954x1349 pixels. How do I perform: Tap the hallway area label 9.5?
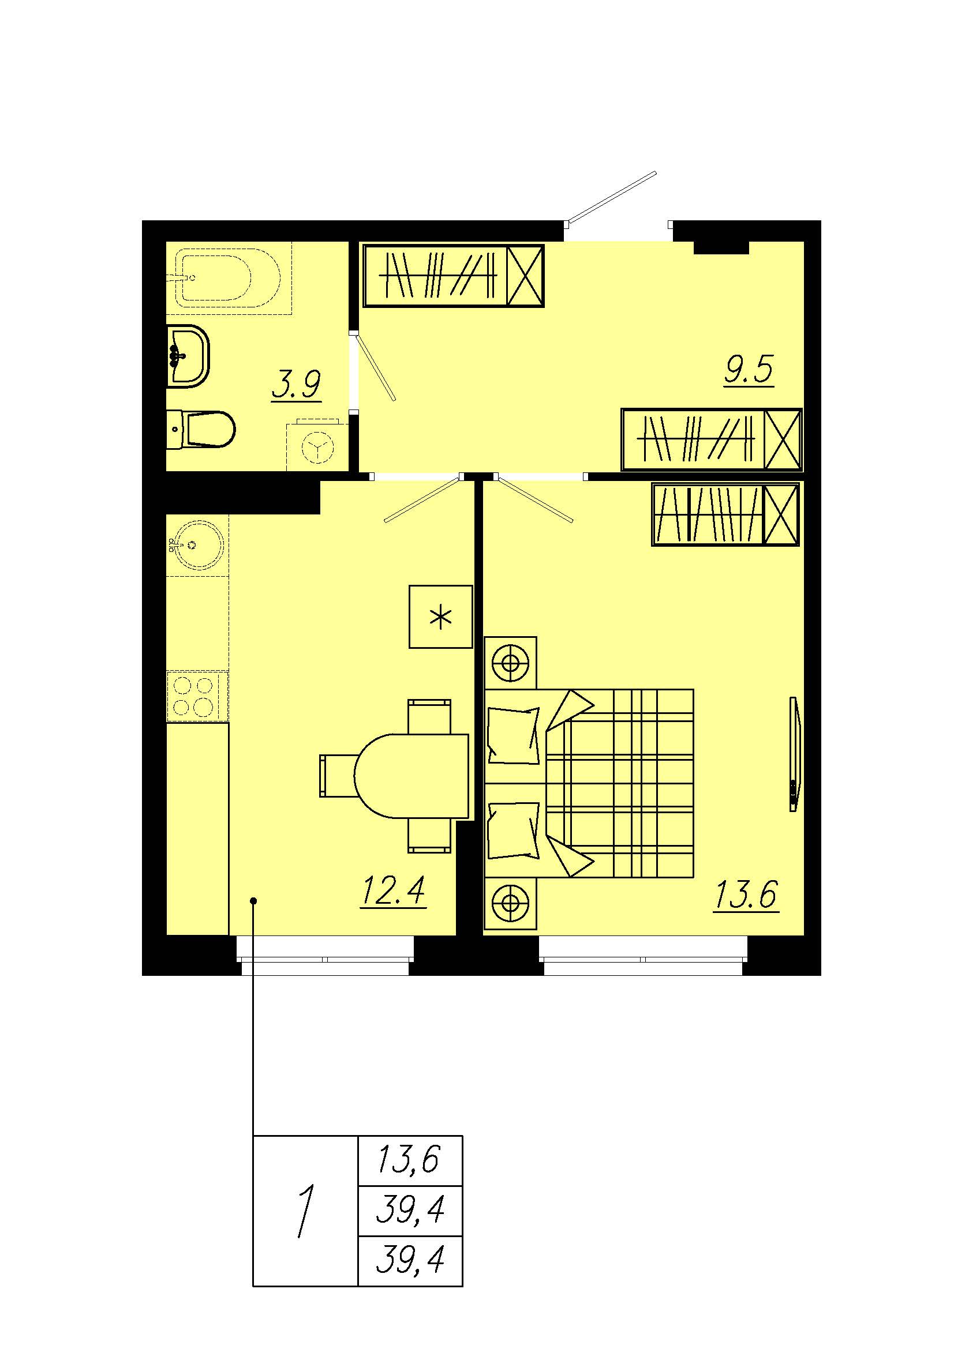pyautogui.click(x=749, y=370)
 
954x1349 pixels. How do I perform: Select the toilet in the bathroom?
pyautogui.click(x=200, y=430)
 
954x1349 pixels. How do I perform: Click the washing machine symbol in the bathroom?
pyautogui.click(x=317, y=446)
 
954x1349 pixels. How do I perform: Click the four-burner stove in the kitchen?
pyautogui.click(x=197, y=697)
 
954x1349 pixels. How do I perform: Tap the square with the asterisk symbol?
pyautogui.click(x=441, y=617)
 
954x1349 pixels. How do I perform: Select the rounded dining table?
pyautogui.click(x=411, y=776)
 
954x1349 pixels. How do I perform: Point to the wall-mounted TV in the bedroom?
pyautogui.click(x=794, y=755)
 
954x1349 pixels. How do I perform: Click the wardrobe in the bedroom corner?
pyautogui.click(x=726, y=514)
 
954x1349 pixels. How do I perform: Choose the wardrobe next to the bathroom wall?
pyautogui.click(x=454, y=276)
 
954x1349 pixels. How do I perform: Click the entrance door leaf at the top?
pyautogui.click(x=611, y=197)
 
